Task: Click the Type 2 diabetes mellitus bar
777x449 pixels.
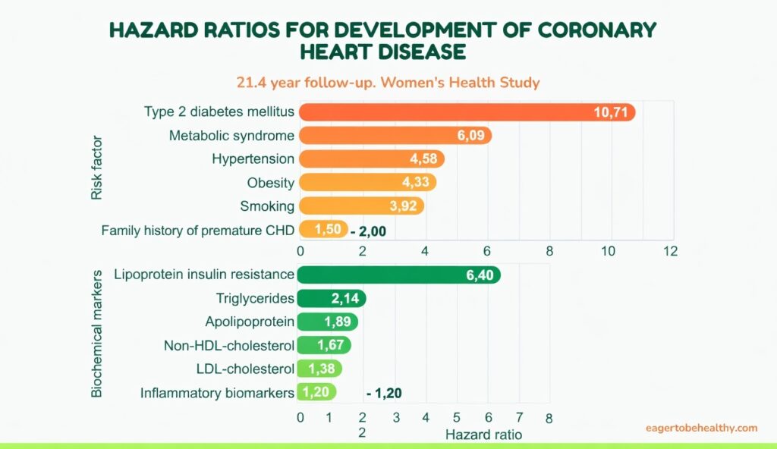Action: coord(455,112)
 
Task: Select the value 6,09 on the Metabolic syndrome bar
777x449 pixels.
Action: coord(470,136)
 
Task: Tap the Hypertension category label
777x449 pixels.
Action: coord(253,159)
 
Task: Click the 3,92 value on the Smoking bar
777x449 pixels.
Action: coord(404,206)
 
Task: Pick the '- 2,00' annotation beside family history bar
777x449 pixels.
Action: coord(369,231)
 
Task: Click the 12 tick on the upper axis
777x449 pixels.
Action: coord(668,250)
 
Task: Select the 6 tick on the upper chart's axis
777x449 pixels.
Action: coord(486,250)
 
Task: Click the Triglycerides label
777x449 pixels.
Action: coord(254,298)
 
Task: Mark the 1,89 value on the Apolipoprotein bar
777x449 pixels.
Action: coord(338,322)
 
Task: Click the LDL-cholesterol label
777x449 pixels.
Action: coord(244,369)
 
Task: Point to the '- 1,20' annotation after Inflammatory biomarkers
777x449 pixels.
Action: coord(384,394)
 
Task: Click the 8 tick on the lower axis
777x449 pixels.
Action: coord(548,418)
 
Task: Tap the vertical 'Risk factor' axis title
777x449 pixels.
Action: coord(96,168)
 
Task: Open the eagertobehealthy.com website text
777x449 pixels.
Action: coord(701,428)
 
